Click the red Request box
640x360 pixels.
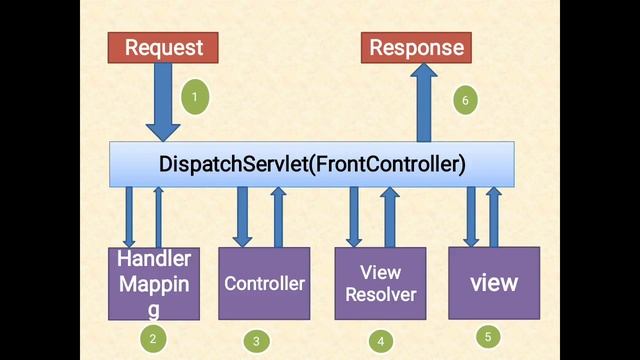[x=163, y=47]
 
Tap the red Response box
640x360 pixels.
[x=417, y=47]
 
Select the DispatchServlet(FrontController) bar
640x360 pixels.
[x=312, y=163]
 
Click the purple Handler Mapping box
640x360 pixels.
[x=154, y=283]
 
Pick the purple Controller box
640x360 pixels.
[x=264, y=284]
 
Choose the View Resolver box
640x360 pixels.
[x=380, y=283]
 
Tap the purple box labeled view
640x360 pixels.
[x=494, y=283]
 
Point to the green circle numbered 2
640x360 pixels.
[x=152, y=339]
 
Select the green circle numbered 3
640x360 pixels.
[x=256, y=341]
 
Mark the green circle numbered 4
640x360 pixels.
[x=380, y=341]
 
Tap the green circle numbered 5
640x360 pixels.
[x=487, y=337]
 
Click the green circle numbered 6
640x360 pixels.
[x=463, y=99]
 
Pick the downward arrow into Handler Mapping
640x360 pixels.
[x=129, y=216]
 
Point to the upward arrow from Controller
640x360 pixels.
[x=279, y=216]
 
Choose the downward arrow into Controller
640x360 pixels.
[x=242, y=216]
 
